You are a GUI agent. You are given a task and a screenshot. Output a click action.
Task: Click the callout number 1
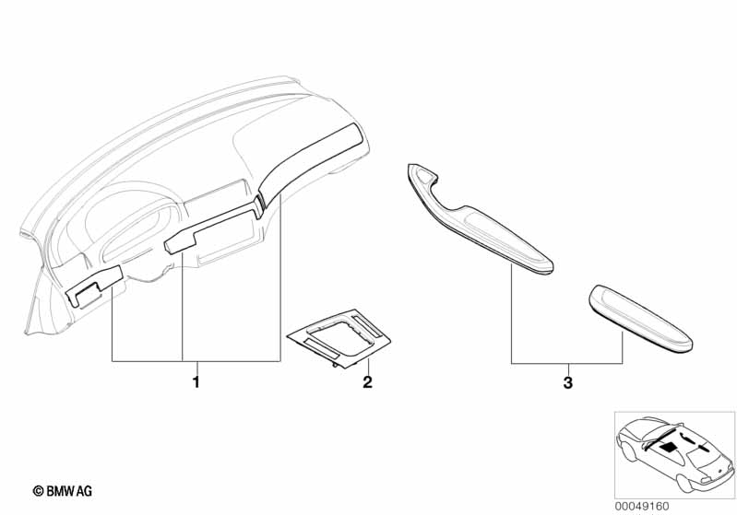click(196, 382)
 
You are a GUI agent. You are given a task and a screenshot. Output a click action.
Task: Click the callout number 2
click(367, 382)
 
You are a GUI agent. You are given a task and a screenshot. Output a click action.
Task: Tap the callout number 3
click(568, 382)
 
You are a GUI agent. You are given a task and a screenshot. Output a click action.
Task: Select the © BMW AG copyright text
click(63, 491)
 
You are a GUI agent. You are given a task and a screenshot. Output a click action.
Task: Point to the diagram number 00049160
click(642, 507)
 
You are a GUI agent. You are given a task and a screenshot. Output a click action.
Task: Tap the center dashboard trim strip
click(211, 228)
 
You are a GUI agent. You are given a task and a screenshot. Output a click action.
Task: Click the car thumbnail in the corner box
click(674, 455)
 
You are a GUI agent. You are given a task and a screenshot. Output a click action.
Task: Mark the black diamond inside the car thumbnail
click(670, 447)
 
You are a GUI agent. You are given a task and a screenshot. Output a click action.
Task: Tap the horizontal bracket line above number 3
click(567, 363)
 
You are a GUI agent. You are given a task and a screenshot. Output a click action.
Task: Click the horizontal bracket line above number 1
click(196, 361)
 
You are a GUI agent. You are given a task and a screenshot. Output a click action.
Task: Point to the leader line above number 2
click(368, 366)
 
